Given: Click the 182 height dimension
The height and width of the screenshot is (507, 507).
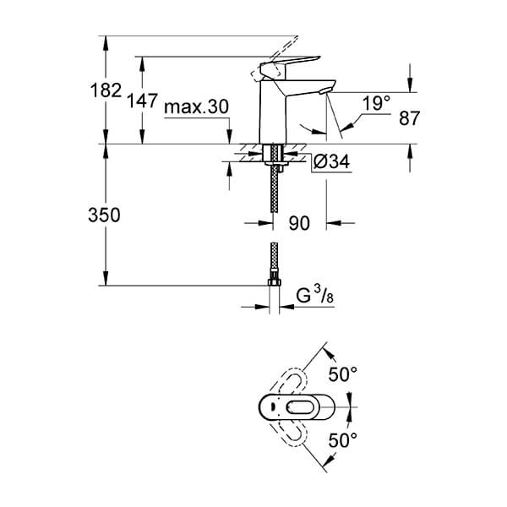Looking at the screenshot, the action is tap(106, 90).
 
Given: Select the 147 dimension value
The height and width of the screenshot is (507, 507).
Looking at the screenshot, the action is tap(142, 101).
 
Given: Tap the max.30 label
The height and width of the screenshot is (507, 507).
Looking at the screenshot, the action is tap(196, 106).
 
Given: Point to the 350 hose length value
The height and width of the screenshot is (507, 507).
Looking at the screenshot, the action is tap(104, 215).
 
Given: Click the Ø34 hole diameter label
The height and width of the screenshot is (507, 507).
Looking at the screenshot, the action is tap(332, 161).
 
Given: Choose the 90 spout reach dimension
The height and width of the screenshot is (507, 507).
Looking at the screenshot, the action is tap(299, 223).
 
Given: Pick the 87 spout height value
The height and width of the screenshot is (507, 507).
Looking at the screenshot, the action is tap(409, 118).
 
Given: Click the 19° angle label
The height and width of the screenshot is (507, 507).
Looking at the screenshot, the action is tap(376, 103).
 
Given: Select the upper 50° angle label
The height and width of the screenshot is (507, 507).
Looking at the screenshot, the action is tap(343, 374).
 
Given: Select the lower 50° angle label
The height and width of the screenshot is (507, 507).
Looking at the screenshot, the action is tap(343, 440).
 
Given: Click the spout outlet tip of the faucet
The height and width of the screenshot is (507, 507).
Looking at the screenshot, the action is tap(325, 91).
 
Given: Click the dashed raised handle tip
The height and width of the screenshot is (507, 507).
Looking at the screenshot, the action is tap(296, 38).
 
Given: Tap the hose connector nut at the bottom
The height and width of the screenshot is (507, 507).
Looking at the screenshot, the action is tap(274, 281).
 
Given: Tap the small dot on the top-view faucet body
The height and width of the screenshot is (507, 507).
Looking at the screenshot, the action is tap(271, 407).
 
